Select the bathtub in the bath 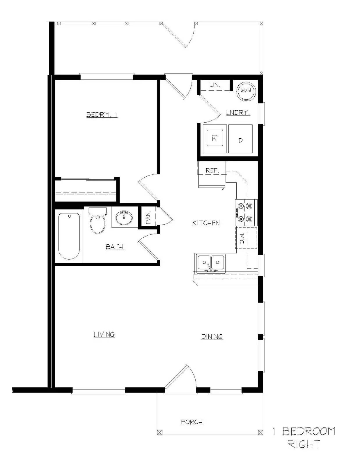point(69,236)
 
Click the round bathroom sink point(124,217)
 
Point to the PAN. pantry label point(148,217)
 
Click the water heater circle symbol point(246,91)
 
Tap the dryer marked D point(240,140)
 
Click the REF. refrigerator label point(212,170)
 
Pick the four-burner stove point(246,212)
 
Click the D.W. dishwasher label point(242,238)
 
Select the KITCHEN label point(206,223)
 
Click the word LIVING point(104,334)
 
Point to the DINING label point(212,337)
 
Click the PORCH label point(192,422)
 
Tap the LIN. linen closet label point(214,85)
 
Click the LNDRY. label point(238,112)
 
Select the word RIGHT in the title point(304,444)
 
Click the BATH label point(115,247)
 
